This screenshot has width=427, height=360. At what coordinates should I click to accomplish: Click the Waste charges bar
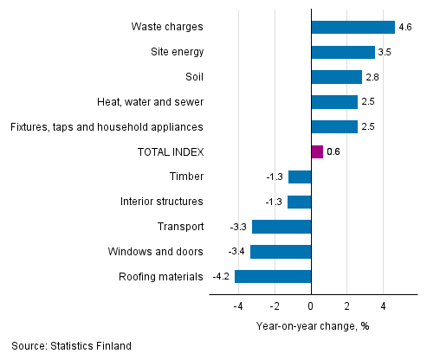pos(352,27)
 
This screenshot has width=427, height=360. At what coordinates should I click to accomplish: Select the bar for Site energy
pos(342,52)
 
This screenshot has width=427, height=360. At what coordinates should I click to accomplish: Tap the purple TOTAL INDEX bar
pos(316,152)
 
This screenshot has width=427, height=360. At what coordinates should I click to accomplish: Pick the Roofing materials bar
pos(272,277)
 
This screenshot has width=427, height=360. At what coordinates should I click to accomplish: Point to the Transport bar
pos(281,227)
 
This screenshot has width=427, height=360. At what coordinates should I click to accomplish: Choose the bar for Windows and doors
pos(280,252)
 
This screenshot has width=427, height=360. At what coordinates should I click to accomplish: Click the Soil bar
pos(336,77)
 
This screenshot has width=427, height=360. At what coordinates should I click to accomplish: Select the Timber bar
pos(299,177)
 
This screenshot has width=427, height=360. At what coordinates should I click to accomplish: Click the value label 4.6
pos(405,27)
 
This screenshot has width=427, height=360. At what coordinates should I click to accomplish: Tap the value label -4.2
pos(221,277)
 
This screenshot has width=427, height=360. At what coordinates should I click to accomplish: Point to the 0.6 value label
pos(333,152)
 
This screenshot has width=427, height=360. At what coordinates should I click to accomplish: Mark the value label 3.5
pos(385,52)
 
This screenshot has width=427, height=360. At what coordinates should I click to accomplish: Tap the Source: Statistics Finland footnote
pos(72,346)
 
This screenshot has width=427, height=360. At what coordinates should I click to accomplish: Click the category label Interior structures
pos(162,202)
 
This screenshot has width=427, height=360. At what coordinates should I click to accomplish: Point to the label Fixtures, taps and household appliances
pos(107,127)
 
